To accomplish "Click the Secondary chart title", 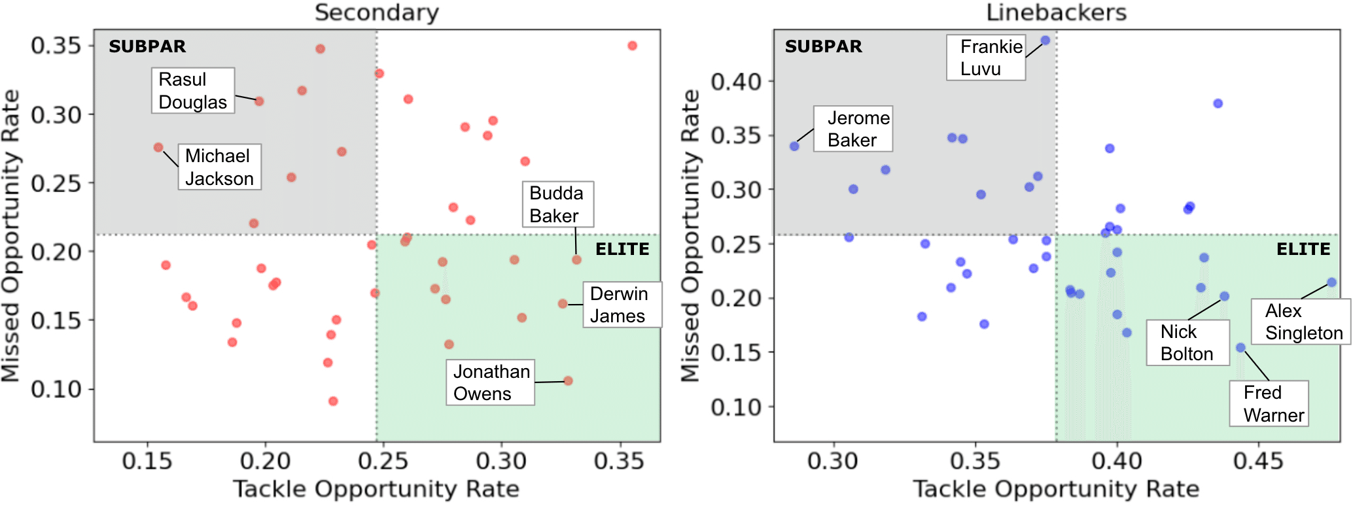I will click(x=377, y=12).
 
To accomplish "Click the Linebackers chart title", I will click(x=1056, y=12).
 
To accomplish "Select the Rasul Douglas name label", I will click(x=193, y=91).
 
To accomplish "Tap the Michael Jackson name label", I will click(x=219, y=167).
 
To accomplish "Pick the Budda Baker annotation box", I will click(x=557, y=205).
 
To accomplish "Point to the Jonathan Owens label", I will click(x=490, y=382).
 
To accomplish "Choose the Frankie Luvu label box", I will click(x=986, y=58).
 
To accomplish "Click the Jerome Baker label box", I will click(x=853, y=129).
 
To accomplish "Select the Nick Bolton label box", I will click(x=1187, y=343).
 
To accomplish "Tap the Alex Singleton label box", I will click(x=1302, y=322).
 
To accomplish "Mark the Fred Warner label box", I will click(x=1269, y=403).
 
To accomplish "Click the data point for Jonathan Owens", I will click(x=568, y=380).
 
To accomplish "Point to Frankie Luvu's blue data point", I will click(x=1045, y=41).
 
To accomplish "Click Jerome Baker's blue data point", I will click(x=794, y=146).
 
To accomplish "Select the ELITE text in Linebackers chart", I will click(x=1303, y=249).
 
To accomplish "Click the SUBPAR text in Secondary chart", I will click(x=147, y=46).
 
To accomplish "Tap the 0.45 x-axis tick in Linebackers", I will click(x=1258, y=462).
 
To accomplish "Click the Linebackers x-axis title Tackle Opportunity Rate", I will click(x=1056, y=489).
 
